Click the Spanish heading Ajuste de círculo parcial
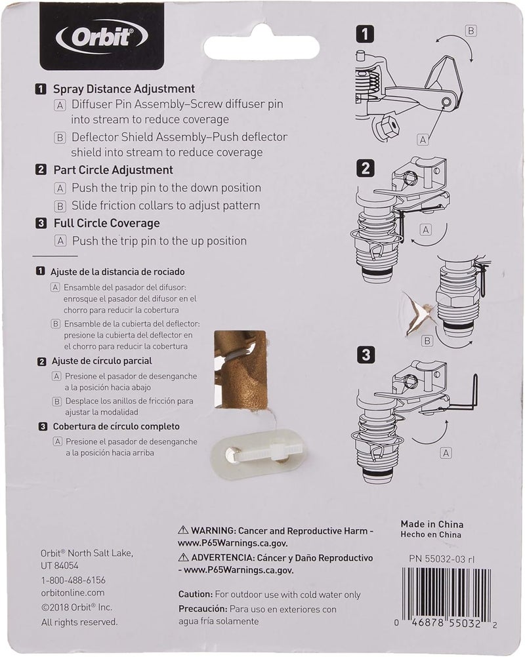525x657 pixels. tap(102, 361)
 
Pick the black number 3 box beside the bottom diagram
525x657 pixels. tap(365, 355)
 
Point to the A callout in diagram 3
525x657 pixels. tap(446, 452)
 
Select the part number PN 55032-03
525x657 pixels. tap(445, 558)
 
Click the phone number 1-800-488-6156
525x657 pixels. tap(73, 580)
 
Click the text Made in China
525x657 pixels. tap(432, 525)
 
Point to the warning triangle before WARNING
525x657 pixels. tap(184, 529)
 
